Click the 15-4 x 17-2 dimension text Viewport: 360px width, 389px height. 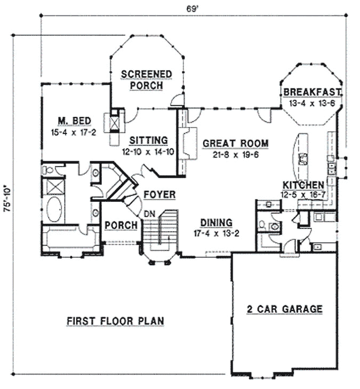coord(70,132)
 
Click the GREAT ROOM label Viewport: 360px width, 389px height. coord(235,143)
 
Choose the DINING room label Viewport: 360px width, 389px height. coord(215,223)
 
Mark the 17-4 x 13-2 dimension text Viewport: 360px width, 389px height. coord(215,234)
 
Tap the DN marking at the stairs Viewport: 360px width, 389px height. coord(151,213)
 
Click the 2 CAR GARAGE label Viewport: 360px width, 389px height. coord(284,308)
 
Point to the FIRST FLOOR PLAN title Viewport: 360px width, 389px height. coord(115,321)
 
